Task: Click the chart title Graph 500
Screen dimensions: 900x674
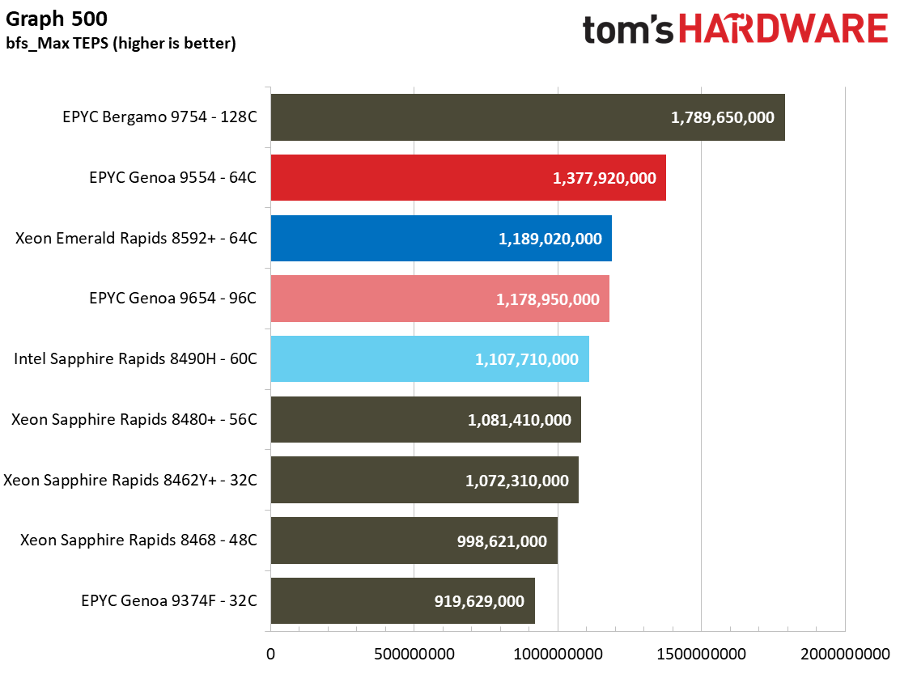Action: click(57, 19)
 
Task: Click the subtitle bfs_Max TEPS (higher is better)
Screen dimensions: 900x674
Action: click(121, 43)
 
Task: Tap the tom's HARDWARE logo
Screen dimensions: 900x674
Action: click(735, 29)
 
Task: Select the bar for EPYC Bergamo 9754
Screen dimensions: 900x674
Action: click(528, 117)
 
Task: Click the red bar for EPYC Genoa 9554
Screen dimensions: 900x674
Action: click(469, 178)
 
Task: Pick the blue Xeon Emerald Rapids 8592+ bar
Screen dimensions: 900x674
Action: click(441, 238)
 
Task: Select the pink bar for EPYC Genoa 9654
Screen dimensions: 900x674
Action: click(439, 299)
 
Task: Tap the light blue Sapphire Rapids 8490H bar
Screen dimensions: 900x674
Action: click(430, 359)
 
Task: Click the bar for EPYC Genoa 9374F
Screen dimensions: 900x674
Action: click(403, 600)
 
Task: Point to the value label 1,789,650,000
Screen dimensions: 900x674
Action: click(723, 117)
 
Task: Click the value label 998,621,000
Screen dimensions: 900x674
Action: click(502, 541)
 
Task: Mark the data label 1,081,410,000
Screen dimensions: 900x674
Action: click(520, 420)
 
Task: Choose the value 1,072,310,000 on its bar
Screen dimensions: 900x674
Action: click(516, 481)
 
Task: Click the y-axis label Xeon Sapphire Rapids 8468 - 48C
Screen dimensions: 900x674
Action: click(138, 540)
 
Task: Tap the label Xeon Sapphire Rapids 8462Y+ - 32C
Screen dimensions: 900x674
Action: click(130, 480)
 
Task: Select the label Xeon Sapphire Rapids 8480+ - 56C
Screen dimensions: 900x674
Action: click(134, 419)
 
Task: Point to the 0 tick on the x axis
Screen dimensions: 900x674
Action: click(271, 654)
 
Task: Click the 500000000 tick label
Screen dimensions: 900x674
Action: click(414, 654)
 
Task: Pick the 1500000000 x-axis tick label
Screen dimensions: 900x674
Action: click(702, 654)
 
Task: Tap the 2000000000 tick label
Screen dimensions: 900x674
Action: click(845, 654)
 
